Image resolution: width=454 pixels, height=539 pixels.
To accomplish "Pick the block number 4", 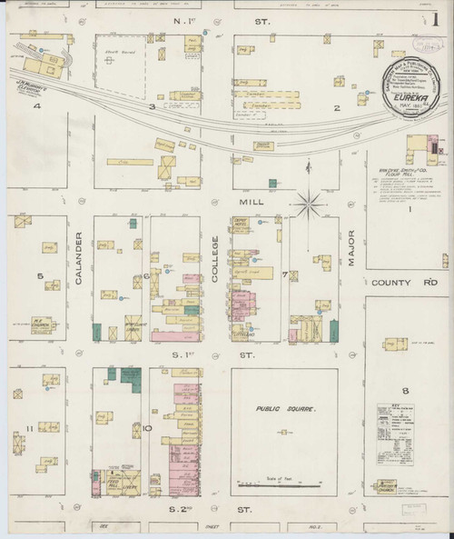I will point(38,106).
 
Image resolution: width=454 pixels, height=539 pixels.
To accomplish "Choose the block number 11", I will point(30,426).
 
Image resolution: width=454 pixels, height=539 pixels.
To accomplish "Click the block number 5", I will point(39,275).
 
